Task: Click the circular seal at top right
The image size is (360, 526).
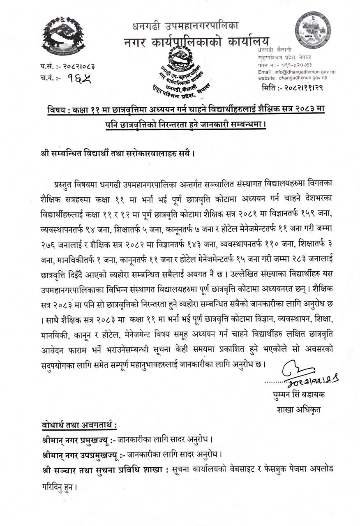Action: click(313, 30)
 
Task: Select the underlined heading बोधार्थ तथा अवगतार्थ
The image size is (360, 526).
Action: click(79, 425)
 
